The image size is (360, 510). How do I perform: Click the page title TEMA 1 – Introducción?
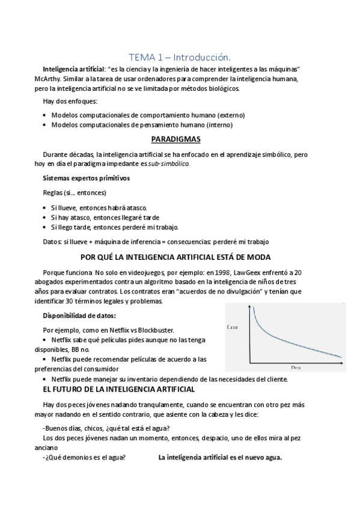[180, 57]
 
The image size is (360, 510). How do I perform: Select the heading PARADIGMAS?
[180, 140]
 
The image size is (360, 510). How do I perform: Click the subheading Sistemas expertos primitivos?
[86, 179]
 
